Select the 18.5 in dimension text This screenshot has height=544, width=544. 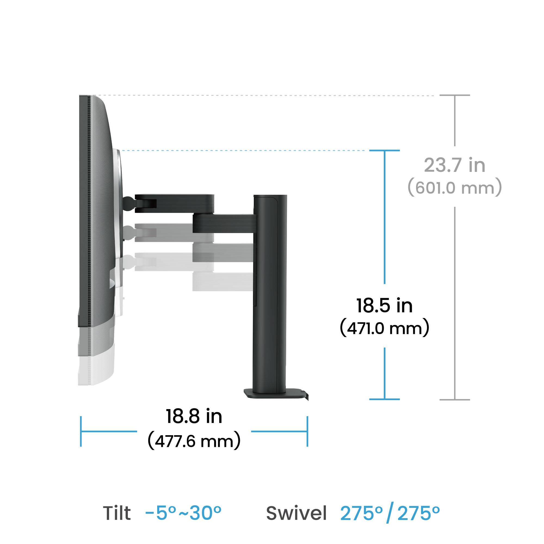tap(384, 306)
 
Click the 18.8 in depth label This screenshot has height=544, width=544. tap(194, 416)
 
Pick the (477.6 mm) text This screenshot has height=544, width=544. tap(194, 441)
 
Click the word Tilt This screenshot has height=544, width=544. tap(117, 513)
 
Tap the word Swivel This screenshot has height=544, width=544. tap(296, 513)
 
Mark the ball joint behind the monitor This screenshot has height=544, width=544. tap(128, 203)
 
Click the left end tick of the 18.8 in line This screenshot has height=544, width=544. tap(81, 431)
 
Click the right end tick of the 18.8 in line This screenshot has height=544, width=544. tap(307, 431)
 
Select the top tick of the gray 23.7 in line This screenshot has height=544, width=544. tap(455, 95)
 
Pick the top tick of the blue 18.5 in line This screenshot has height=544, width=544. tap(384, 150)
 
